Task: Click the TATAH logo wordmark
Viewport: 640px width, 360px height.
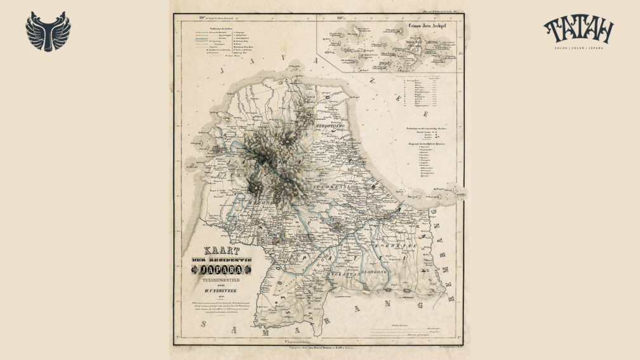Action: coord(578,29)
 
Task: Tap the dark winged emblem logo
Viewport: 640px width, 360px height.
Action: coord(48,31)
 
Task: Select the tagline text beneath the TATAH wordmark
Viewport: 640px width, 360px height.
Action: coord(578,46)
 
